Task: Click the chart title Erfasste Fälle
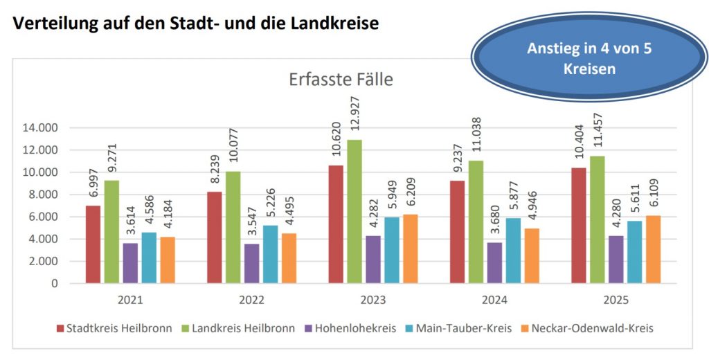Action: point(341,80)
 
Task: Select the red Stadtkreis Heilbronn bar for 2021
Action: point(93,244)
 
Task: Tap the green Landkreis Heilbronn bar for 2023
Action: point(354,211)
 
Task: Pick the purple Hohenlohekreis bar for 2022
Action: point(251,263)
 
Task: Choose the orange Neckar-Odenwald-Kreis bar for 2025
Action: point(653,249)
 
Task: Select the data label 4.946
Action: point(531,204)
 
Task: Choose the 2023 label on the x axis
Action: point(373,300)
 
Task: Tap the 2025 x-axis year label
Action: point(616,300)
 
